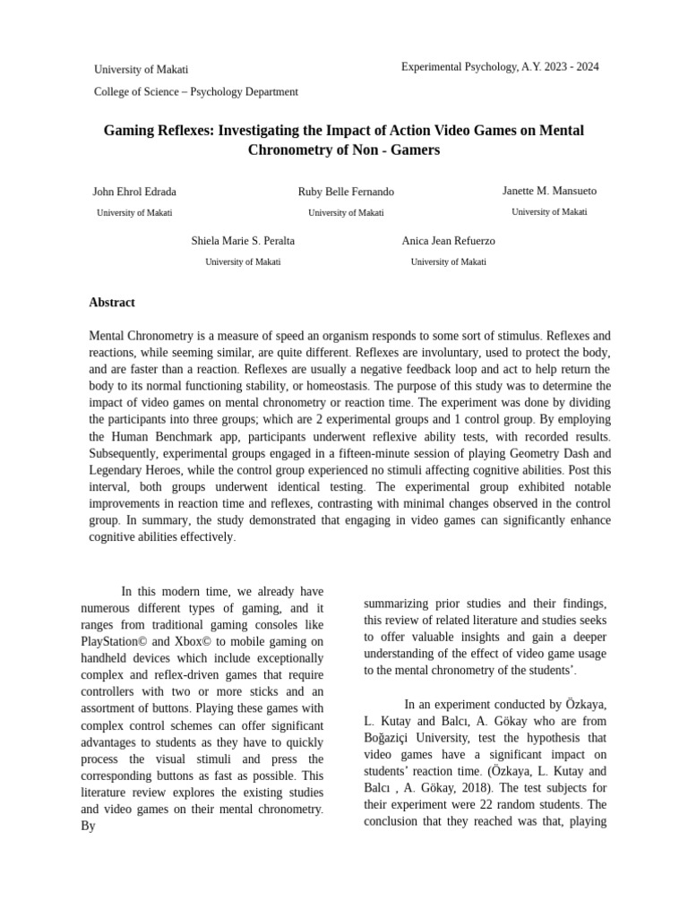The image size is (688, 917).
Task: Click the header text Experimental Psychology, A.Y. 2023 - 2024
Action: click(500, 67)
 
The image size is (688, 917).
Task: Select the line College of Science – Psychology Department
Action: click(196, 91)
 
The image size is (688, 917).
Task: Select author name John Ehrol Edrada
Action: click(134, 192)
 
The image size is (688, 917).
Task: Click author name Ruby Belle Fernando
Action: click(346, 192)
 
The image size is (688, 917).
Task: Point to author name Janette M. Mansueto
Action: click(549, 191)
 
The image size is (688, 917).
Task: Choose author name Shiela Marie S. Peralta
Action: click(243, 241)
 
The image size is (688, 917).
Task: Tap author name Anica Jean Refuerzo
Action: click(449, 241)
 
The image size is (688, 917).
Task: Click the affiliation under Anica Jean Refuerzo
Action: click(449, 261)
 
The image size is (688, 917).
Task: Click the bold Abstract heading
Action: click(112, 303)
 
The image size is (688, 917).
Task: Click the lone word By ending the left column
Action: click(88, 826)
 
